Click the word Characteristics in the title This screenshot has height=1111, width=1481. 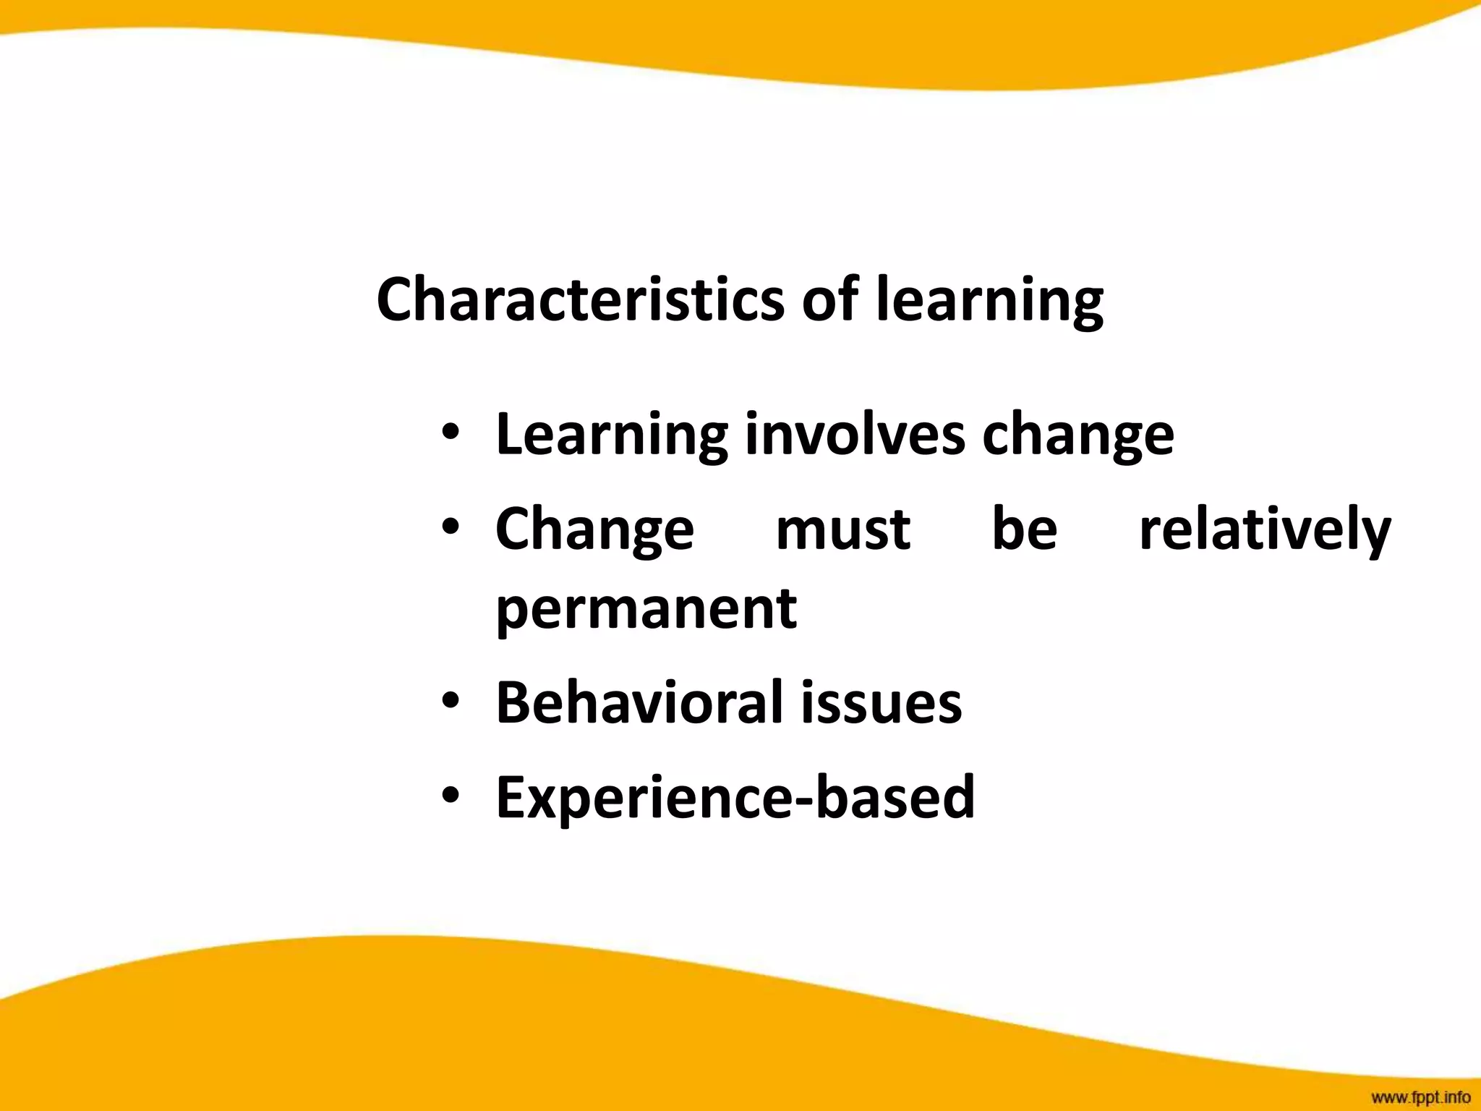(x=579, y=299)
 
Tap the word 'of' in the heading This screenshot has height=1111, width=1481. (x=831, y=299)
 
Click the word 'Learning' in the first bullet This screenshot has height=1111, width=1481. (x=611, y=435)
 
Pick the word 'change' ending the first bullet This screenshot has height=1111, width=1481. (x=1077, y=435)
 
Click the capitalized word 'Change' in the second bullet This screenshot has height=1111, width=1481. (x=594, y=530)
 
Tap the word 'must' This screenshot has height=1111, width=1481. (x=842, y=529)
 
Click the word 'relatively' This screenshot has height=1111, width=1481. (x=1265, y=530)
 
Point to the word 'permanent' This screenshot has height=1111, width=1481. (x=646, y=608)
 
